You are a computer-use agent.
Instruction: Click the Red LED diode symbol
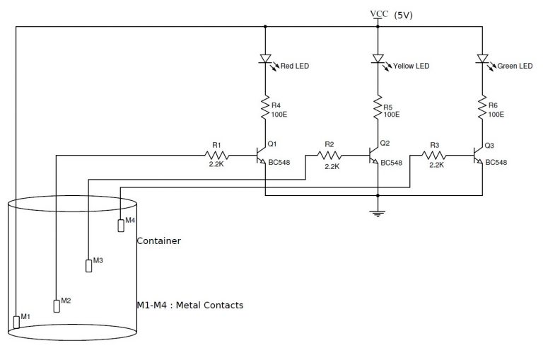point(265,60)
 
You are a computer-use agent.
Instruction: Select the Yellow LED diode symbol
point(378,60)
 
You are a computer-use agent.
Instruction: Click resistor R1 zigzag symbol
point(217,155)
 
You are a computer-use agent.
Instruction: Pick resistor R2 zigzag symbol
point(329,155)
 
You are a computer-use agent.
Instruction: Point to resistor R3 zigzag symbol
point(433,155)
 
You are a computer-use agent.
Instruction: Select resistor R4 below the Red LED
point(265,108)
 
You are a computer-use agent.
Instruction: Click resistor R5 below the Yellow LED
point(378,108)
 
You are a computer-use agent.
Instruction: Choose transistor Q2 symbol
point(374,155)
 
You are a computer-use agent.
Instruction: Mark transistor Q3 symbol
point(478,155)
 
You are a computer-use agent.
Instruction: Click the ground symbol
point(378,210)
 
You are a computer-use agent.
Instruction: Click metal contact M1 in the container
point(16,323)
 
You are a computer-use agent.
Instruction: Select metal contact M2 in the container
point(57,306)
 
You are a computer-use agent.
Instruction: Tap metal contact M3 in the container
point(88,265)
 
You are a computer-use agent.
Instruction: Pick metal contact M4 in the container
point(120,225)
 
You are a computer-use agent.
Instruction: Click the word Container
point(158,240)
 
